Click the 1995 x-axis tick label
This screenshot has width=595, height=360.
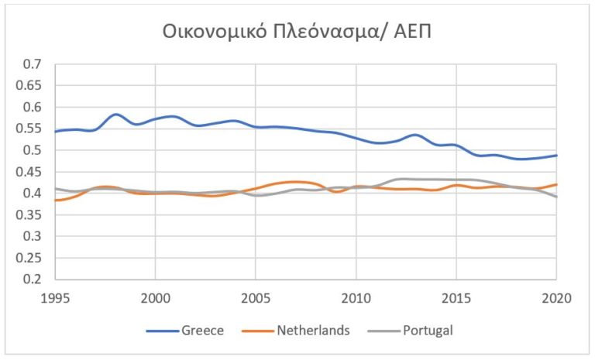[x=56, y=298]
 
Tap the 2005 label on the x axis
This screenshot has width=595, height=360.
[x=256, y=298]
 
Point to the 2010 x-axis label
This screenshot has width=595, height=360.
[x=356, y=298]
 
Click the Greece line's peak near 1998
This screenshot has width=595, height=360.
[x=115, y=115]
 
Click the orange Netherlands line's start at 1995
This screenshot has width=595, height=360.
[x=56, y=201]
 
